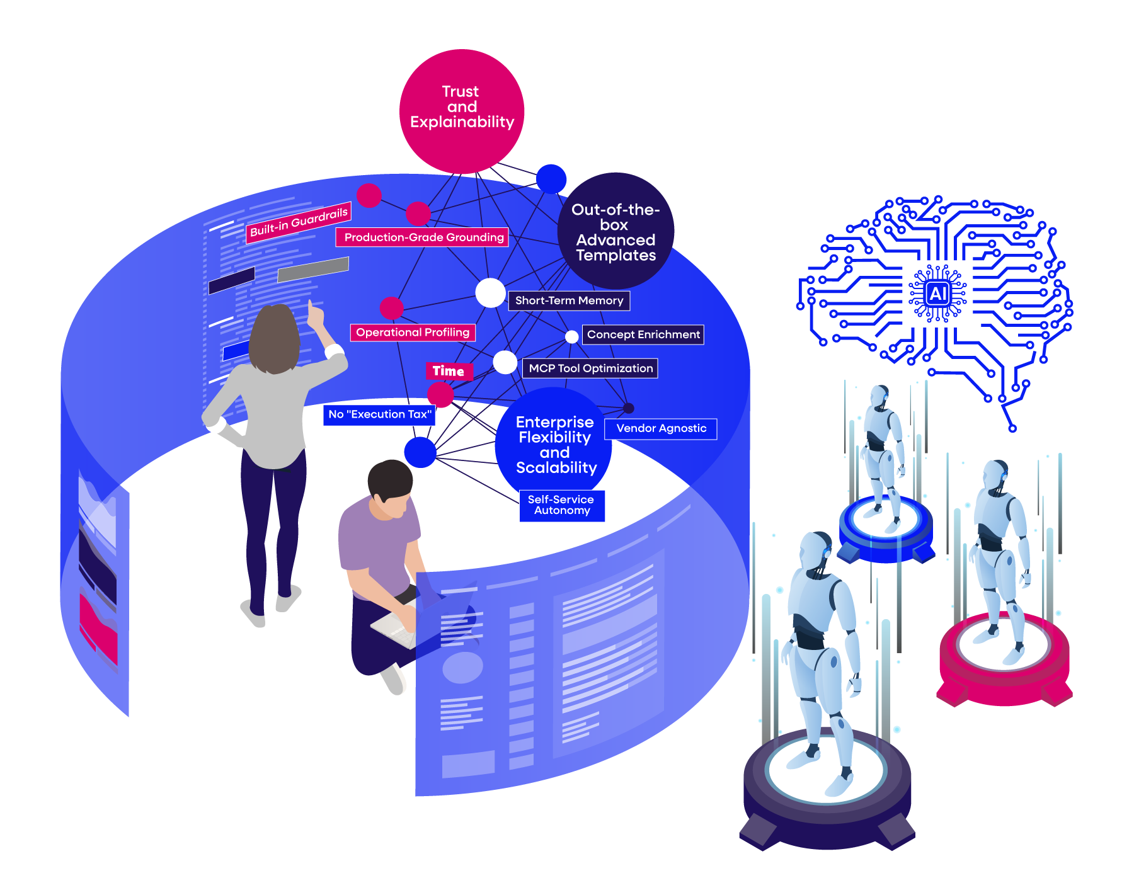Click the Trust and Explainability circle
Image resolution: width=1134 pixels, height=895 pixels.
tap(462, 111)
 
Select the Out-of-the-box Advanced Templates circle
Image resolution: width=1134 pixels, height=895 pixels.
tap(616, 231)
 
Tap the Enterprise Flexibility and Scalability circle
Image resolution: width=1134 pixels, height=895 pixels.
tap(554, 444)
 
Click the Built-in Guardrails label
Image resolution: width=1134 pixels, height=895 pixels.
tap(299, 222)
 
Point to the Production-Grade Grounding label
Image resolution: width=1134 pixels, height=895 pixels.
tap(423, 237)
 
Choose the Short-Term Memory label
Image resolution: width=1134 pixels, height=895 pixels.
tap(569, 300)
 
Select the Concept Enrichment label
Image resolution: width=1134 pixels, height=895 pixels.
tap(643, 334)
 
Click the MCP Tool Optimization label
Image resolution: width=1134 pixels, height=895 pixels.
tap(590, 368)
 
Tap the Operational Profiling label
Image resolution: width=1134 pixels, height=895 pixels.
tap(413, 333)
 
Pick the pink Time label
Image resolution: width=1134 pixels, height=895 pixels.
tap(449, 371)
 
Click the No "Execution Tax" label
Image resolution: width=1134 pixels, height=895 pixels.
tap(379, 414)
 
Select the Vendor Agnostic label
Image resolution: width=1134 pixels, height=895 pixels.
tap(661, 428)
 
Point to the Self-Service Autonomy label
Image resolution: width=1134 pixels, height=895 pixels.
tap(562, 505)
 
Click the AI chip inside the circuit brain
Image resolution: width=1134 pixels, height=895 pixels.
tap(937, 293)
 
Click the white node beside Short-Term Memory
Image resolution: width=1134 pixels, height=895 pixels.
tap(490, 292)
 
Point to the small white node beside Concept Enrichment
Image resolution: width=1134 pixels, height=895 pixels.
tap(571, 336)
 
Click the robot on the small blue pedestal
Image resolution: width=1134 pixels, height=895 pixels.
tap(883, 453)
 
